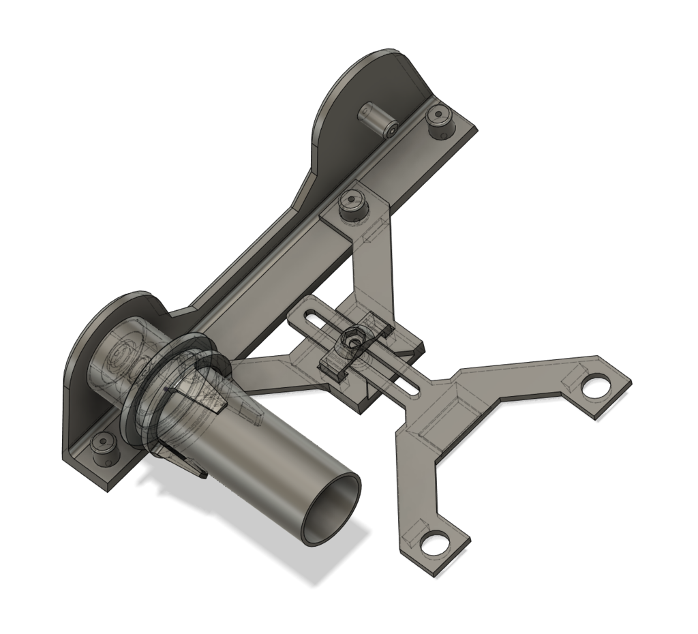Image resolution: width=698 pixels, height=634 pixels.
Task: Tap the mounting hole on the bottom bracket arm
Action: (431, 543)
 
